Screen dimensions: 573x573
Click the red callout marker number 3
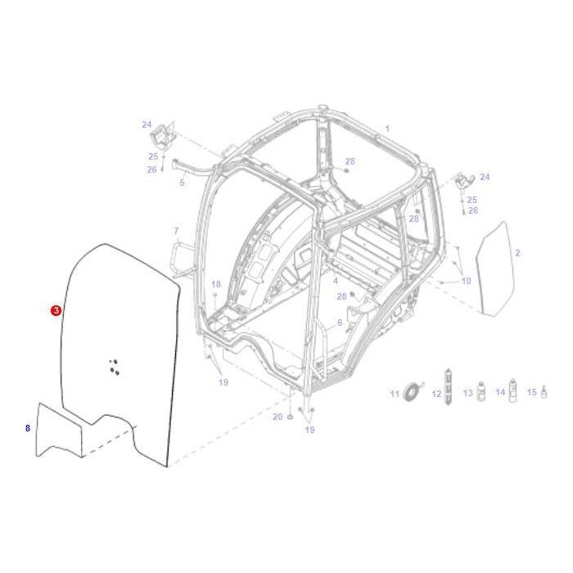coord(56,310)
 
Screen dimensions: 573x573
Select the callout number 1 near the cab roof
coord(387,129)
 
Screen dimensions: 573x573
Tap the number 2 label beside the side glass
coord(517,254)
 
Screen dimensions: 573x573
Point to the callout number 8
coord(27,428)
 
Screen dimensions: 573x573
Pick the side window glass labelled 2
coord(494,267)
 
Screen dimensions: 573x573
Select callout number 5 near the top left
coord(182,183)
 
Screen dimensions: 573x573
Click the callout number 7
coord(175,231)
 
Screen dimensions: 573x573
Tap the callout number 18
coord(216,284)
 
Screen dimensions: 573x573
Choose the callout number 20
coord(277,417)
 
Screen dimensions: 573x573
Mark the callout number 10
coord(466,281)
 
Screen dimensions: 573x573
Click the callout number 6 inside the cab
coord(340,323)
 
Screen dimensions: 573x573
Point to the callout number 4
coord(335,281)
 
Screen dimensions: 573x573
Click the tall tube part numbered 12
coord(447,382)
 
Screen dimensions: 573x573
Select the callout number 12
coord(436,395)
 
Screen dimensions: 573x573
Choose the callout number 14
coord(499,393)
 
